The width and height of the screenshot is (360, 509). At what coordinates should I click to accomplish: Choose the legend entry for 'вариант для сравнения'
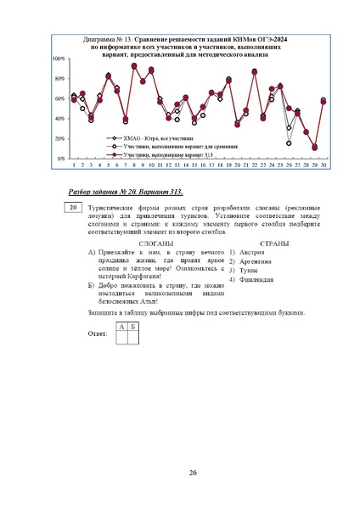tap(171, 147)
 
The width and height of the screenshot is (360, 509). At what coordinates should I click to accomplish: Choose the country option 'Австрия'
tap(251, 253)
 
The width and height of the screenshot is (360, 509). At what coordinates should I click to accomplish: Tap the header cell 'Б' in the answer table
tap(132, 326)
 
